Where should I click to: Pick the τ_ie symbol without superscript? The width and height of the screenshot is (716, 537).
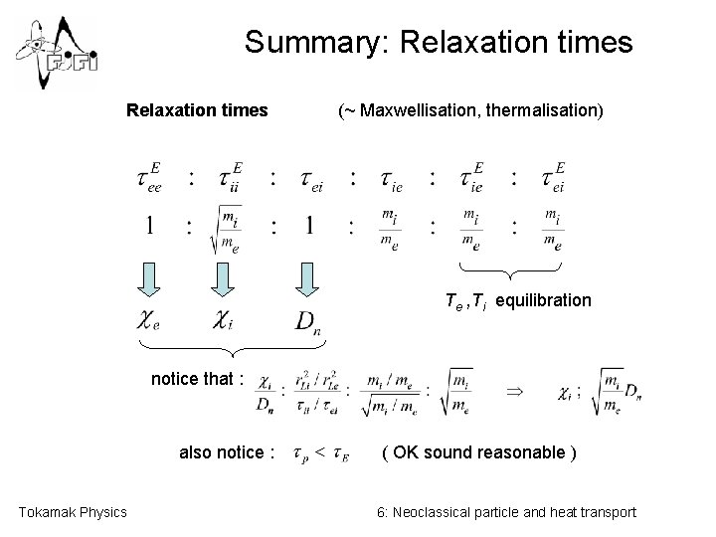pyautogui.click(x=391, y=179)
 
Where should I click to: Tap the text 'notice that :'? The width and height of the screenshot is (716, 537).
pyautogui.click(x=197, y=378)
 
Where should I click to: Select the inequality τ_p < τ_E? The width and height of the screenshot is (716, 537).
pyautogui.click(x=320, y=454)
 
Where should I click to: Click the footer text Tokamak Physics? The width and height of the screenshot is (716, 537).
pyautogui.click(x=74, y=512)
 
